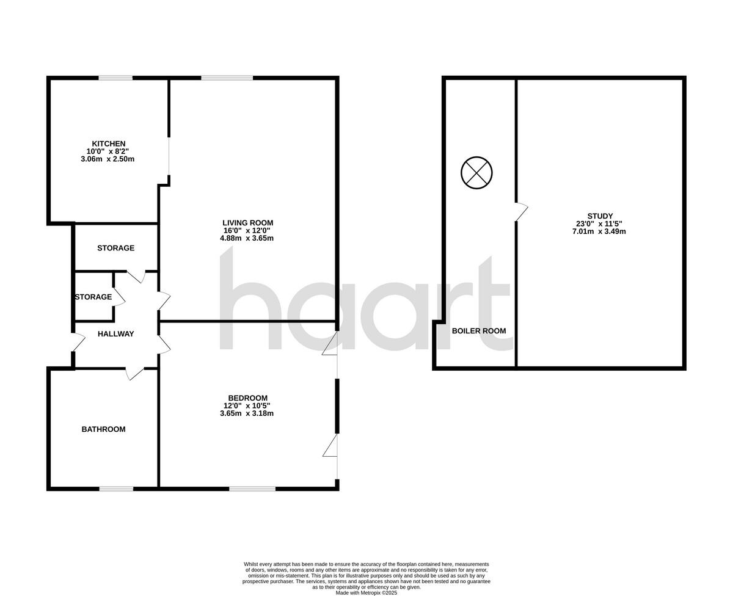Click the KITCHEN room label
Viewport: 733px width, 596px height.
109,144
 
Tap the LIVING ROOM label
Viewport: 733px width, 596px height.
247,223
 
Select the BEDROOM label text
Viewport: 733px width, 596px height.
247,398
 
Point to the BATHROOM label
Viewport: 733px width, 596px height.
103,429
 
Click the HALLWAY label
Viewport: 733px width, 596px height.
115,334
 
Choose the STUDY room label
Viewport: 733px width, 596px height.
600,216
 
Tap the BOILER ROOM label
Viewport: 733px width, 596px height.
479,331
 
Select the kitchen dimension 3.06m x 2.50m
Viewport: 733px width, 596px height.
108,159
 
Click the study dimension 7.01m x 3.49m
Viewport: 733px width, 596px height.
599,231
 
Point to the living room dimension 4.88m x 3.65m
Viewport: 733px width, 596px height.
247,238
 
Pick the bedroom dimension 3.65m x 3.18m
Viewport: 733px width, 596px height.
247,413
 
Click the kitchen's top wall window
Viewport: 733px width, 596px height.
116,78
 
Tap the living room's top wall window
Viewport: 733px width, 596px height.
227,78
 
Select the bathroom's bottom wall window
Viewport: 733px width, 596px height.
116,488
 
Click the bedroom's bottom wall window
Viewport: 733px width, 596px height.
252,488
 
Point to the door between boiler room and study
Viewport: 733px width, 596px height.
520,211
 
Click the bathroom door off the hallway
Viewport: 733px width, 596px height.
134,373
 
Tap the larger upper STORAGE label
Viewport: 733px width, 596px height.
115,249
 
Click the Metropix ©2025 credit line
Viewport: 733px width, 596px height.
366,592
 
